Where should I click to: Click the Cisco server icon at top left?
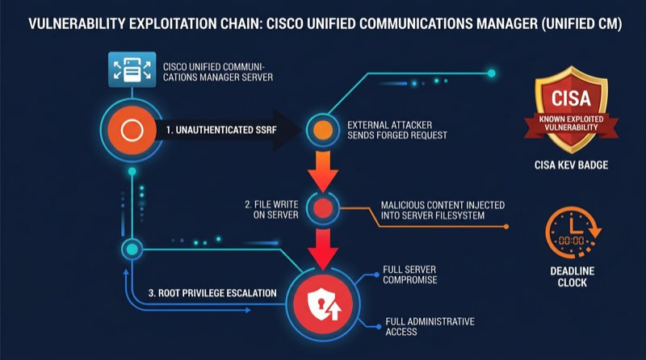pos(132,69)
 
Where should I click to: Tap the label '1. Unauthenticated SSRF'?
pos(221,130)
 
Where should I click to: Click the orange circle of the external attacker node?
pos(323,130)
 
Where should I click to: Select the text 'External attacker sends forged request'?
pos(396,130)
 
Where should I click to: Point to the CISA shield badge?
pos(571,110)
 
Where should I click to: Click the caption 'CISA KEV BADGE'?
pos(571,165)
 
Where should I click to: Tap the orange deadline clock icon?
pos(573,232)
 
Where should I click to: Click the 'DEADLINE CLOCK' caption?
pos(573,277)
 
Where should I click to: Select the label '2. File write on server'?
pos(271,210)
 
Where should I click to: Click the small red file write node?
pos(323,208)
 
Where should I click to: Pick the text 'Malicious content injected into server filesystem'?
pos(443,210)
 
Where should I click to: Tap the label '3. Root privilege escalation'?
pos(212,293)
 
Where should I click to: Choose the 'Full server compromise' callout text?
pos(409,274)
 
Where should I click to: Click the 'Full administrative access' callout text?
pos(430,327)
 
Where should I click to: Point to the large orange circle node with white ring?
pos(132,131)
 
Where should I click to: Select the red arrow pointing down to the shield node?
pos(323,249)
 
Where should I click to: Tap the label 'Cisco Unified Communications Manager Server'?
pos(217,72)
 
